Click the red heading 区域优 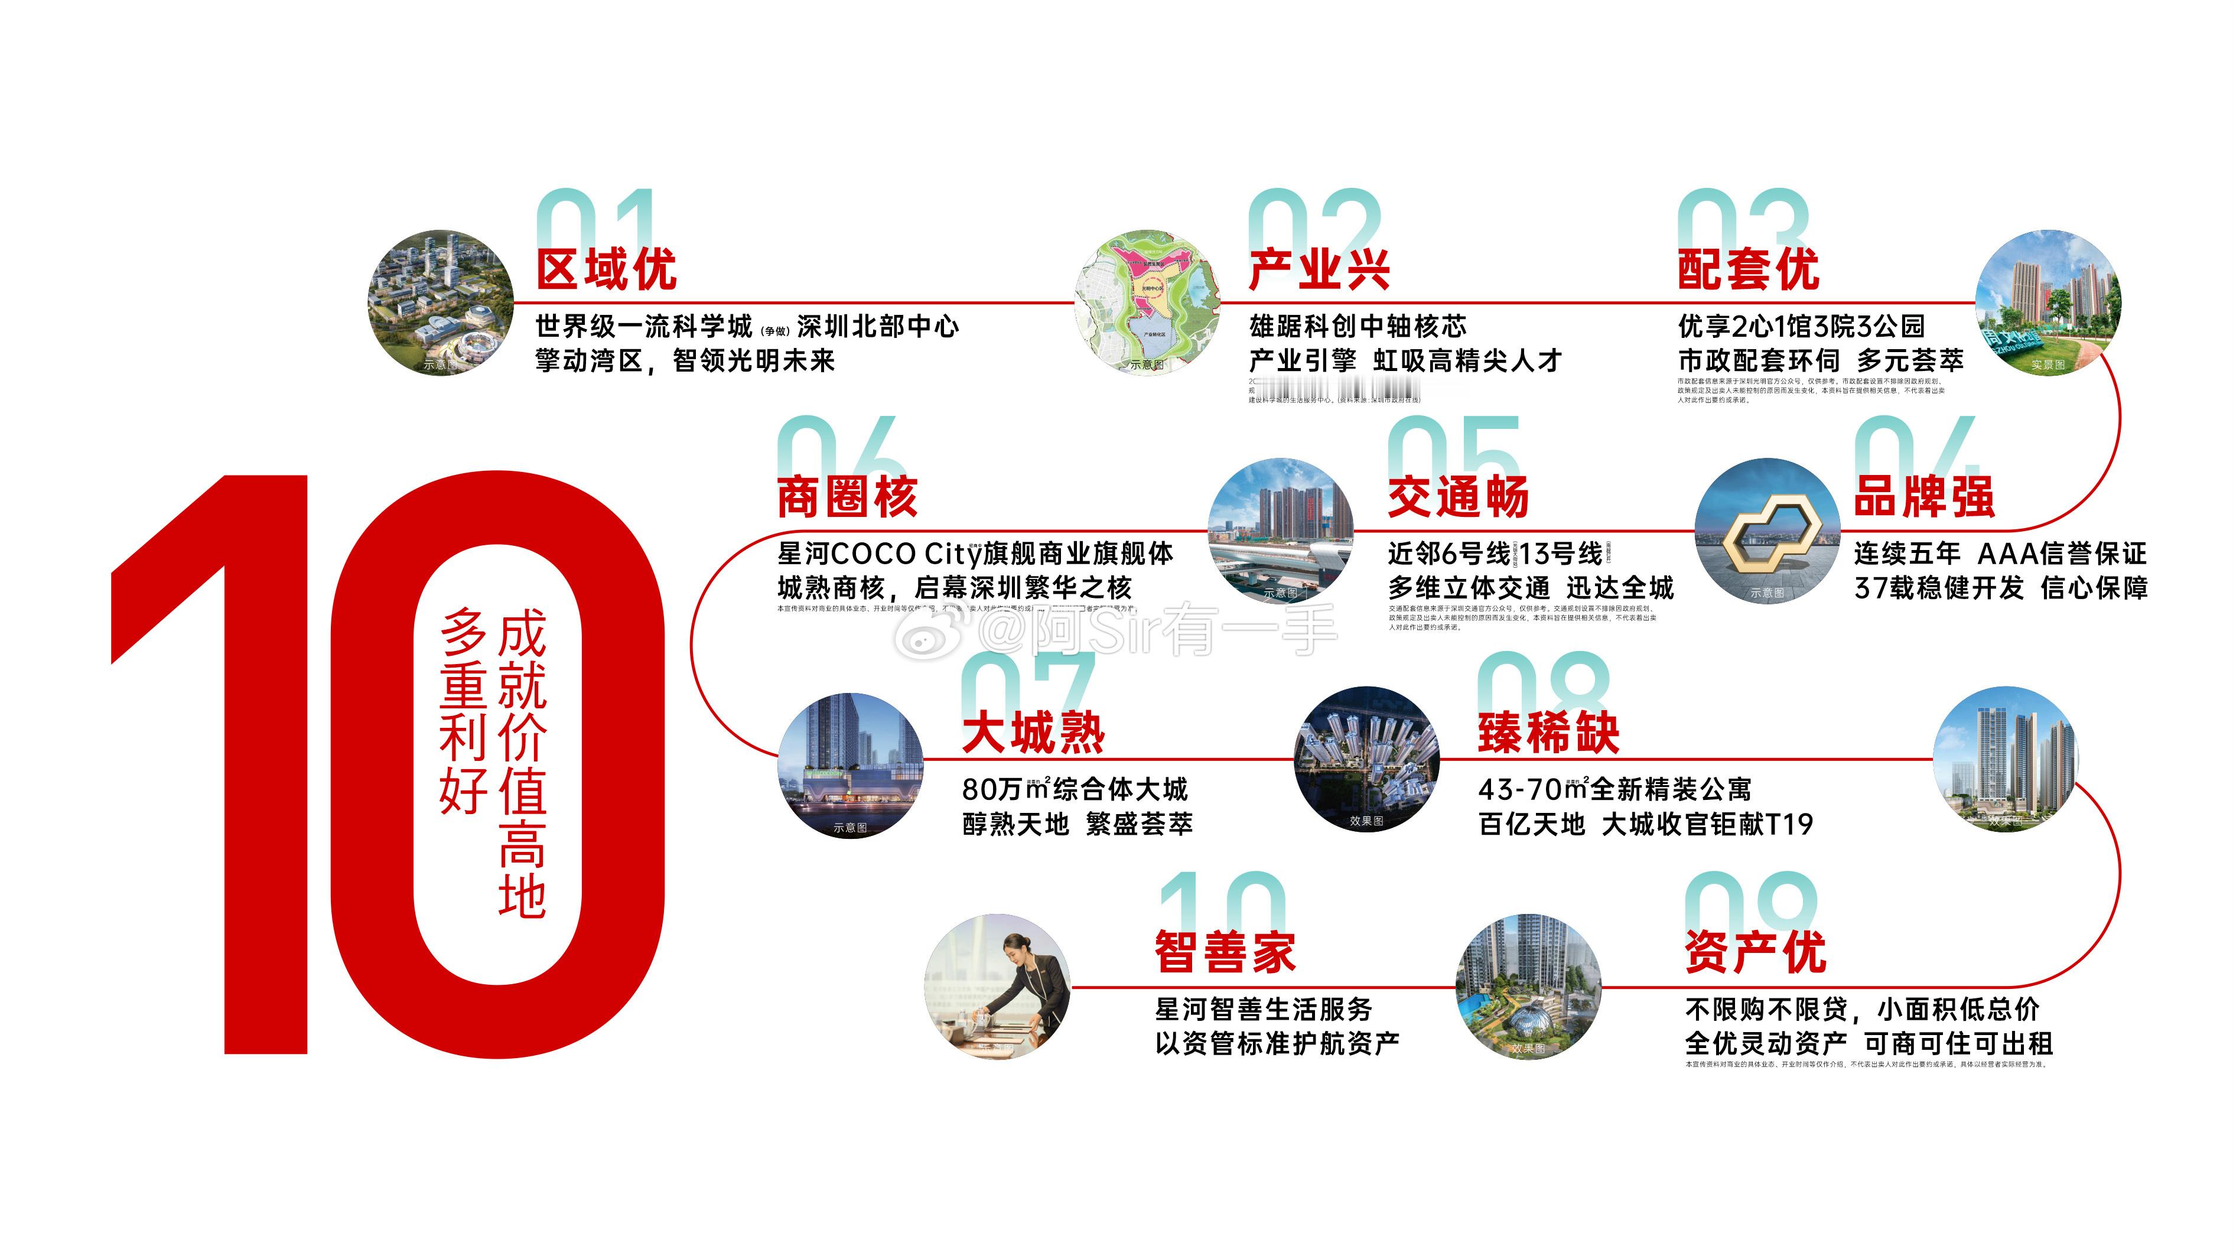606,269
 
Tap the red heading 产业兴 1319,269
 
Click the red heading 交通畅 1458,497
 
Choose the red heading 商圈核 847,497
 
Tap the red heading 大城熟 1033,733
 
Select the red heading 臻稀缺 1549,733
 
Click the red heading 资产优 1755,952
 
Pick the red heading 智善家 1225,952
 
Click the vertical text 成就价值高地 522,763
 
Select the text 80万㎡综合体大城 1075,789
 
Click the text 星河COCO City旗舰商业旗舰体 975,553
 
